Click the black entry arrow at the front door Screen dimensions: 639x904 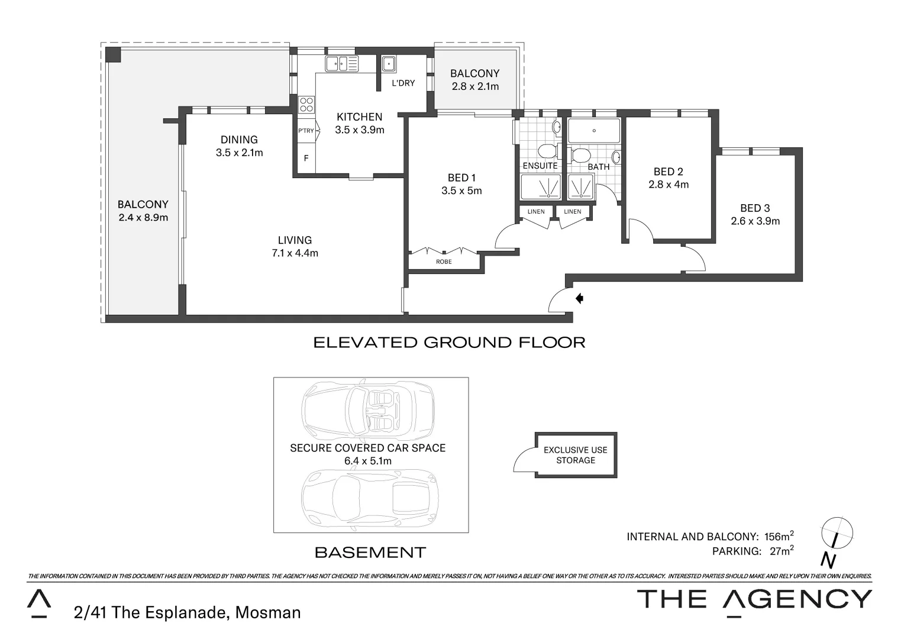580,299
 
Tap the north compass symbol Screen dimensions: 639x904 837,532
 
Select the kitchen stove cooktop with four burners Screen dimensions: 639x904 306,105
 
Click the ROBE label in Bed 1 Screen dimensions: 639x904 444,262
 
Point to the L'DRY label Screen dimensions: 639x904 403,83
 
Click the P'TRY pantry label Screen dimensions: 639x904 306,131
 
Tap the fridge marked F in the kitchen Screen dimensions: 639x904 306,158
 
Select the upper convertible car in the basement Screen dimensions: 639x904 368,408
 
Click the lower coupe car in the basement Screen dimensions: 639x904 368,498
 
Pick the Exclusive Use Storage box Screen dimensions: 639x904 576,455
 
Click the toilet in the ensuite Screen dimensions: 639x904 548,150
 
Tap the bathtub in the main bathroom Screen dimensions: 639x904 593,131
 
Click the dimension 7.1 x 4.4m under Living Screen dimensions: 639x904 295,253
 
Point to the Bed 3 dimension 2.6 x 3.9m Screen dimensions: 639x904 755,221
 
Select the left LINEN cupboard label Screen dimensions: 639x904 536,211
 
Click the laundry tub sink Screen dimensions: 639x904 389,63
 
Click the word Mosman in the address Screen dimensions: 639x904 268,612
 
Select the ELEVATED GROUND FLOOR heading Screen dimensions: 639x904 449,343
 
